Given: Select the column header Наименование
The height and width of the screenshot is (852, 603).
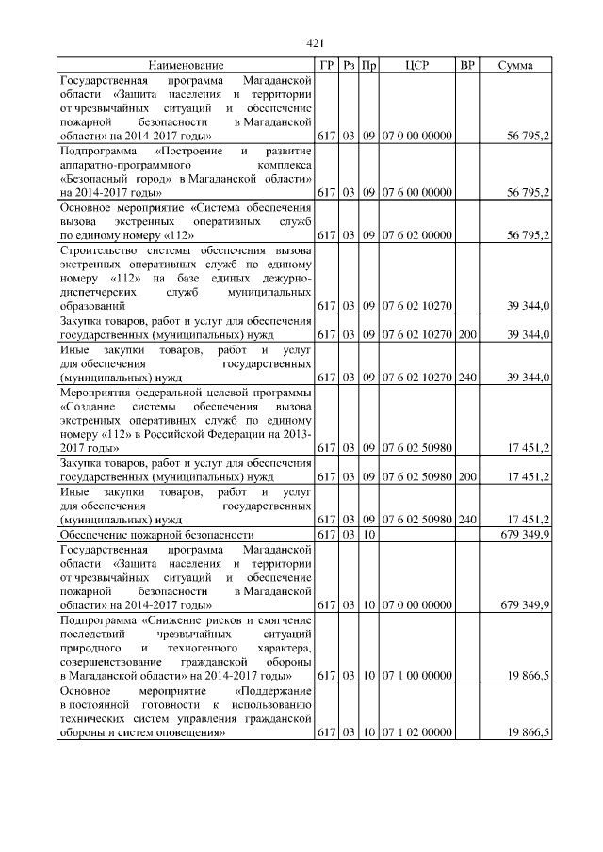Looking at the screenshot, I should coord(186,66).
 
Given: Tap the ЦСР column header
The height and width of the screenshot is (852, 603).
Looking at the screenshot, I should coord(416,66).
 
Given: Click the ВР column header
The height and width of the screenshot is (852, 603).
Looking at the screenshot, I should coord(467,66).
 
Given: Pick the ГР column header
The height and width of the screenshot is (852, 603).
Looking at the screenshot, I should coord(327,66).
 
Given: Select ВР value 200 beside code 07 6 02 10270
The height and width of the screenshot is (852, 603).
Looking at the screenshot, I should coord(467,334).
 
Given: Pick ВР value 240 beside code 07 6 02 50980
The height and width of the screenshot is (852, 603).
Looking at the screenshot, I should coord(467,520).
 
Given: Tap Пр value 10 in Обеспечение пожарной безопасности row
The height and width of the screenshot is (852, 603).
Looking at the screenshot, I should coord(369,535).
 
